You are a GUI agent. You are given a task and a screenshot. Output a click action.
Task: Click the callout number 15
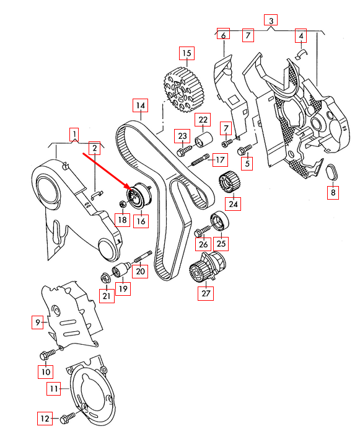187,53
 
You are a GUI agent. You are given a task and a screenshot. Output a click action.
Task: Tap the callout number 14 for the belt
141,105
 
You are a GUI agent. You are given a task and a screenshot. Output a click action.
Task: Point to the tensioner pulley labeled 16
139,196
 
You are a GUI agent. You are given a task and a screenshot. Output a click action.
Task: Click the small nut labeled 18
123,203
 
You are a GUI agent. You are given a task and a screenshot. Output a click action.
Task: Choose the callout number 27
206,293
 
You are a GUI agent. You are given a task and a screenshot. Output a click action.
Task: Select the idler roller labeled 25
219,221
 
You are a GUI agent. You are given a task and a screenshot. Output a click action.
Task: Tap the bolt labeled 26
203,231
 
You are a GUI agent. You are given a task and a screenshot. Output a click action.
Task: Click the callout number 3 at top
271,20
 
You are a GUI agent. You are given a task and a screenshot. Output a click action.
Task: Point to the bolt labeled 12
68,418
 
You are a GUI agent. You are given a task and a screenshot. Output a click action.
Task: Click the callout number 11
54,388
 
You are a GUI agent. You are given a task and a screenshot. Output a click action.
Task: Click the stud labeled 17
200,160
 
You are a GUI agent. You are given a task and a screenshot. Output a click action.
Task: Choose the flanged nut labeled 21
106,278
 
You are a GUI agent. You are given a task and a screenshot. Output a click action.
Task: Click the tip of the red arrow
131,189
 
